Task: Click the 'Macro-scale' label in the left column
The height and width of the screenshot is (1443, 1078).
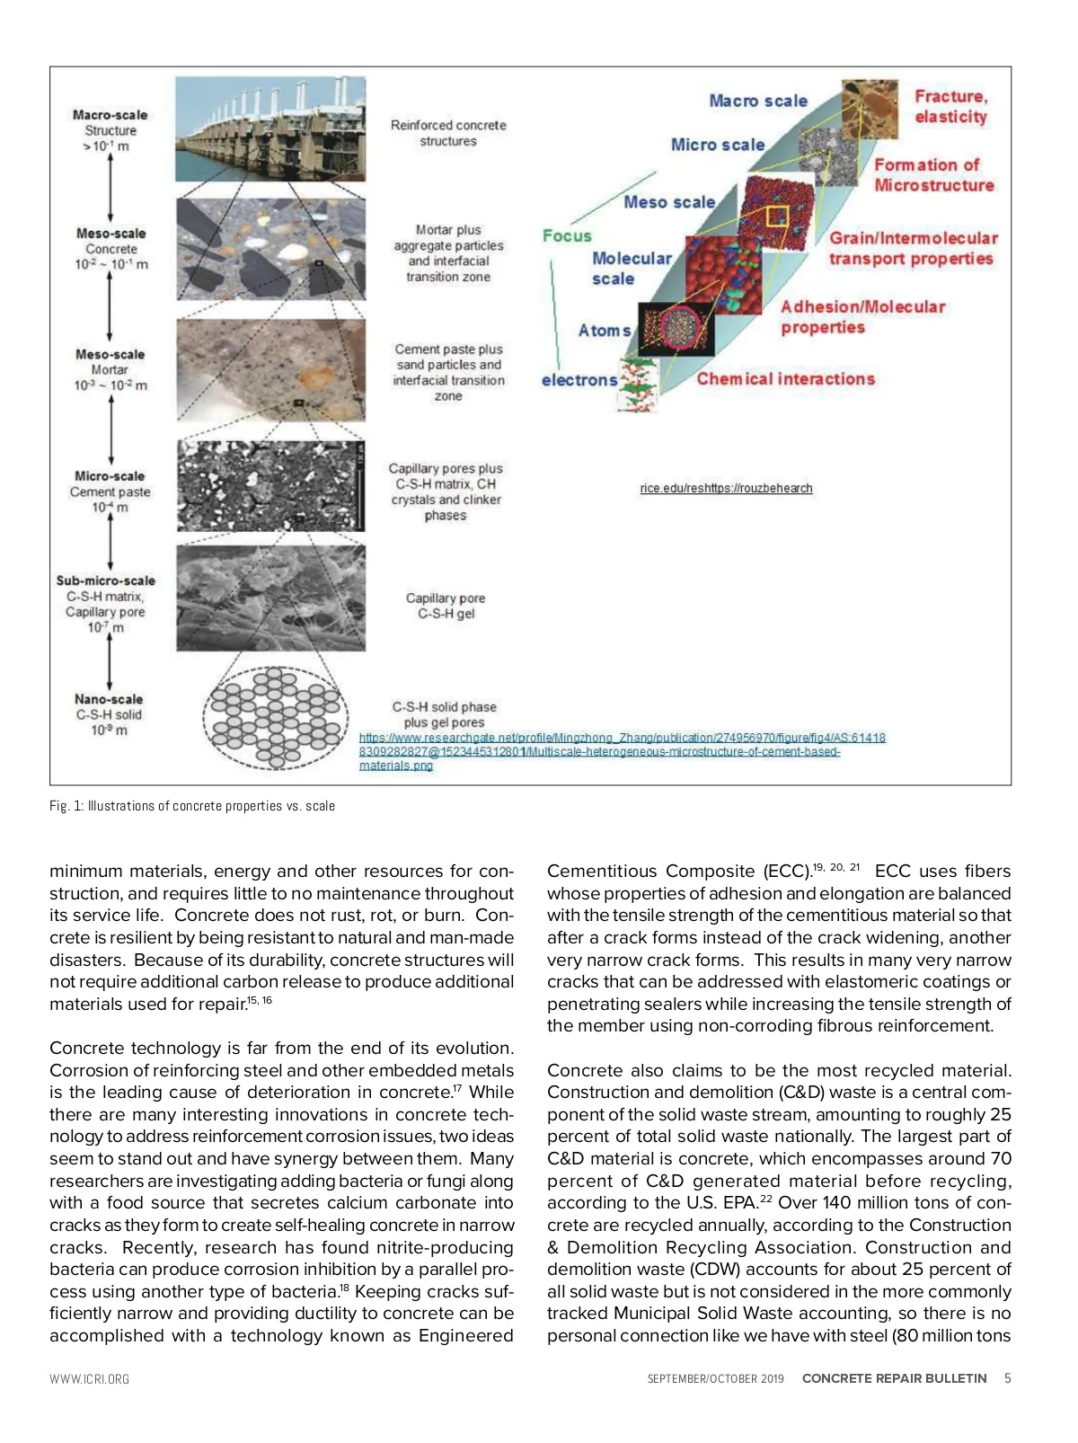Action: pyautogui.click(x=110, y=115)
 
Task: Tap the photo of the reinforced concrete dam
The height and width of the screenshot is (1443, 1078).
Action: pyautogui.click(x=270, y=128)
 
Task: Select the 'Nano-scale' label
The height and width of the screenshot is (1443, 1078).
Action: pyautogui.click(x=109, y=699)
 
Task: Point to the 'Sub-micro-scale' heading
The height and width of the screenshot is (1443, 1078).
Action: pyautogui.click(x=105, y=580)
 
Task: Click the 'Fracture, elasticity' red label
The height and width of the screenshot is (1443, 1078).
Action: pyautogui.click(x=950, y=107)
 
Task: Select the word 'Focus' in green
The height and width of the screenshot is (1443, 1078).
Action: pyautogui.click(x=567, y=235)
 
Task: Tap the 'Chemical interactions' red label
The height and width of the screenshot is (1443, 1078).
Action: pyautogui.click(x=785, y=379)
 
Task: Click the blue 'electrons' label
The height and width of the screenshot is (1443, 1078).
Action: pyautogui.click(x=579, y=380)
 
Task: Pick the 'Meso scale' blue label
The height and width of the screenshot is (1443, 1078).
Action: pyautogui.click(x=669, y=202)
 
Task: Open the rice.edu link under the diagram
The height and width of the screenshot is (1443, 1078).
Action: pyautogui.click(x=726, y=488)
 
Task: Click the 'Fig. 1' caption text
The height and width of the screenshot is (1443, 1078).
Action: pyautogui.click(x=192, y=806)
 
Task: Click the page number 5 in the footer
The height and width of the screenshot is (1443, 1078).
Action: pyautogui.click(x=1007, y=1378)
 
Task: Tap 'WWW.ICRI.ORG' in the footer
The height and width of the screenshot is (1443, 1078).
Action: pyautogui.click(x=89, y=1379)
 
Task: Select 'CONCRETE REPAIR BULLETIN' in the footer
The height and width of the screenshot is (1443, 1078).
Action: pyautogui.click(x=894, y=1378)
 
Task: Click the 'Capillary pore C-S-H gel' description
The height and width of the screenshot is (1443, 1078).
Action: pyautogui.click(x=446, y=606)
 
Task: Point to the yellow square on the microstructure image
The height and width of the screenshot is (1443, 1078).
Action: pyautogui.click(x=776, y=216)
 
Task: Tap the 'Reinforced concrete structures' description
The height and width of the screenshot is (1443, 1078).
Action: pyautogui.click(x=448, y=133)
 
